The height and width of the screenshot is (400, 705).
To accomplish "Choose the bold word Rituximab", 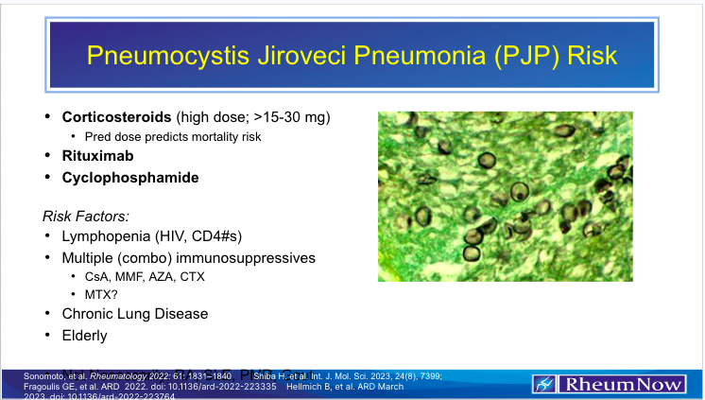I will [x=97, y=157].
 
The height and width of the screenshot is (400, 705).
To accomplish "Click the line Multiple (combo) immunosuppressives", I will [x=188, y=257].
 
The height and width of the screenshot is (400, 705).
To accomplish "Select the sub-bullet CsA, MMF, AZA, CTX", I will [x=144, y=276].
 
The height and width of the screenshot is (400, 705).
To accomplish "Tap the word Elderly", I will [x=85, y=335].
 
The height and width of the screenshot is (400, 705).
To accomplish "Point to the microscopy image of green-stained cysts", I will [x=505, y=188].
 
